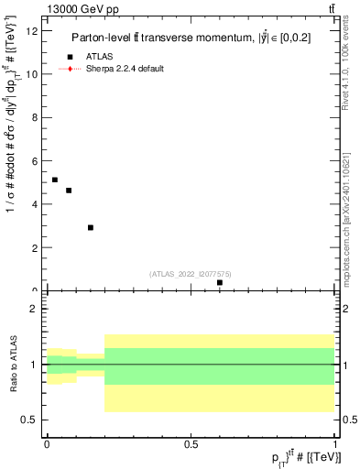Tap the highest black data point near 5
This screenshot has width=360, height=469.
click(x=55, y=180)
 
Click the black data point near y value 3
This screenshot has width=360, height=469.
click(x=91, y=227)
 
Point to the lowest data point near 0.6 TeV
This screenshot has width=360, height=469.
click(x=220, y=282)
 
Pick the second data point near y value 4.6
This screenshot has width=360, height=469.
click(x=69, y=191)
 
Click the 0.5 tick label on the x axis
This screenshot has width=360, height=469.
click(x=191, y=443)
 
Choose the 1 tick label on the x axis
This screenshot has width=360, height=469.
click(x=335, y=443)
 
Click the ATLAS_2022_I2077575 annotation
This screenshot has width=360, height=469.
click(x=190, y=274)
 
